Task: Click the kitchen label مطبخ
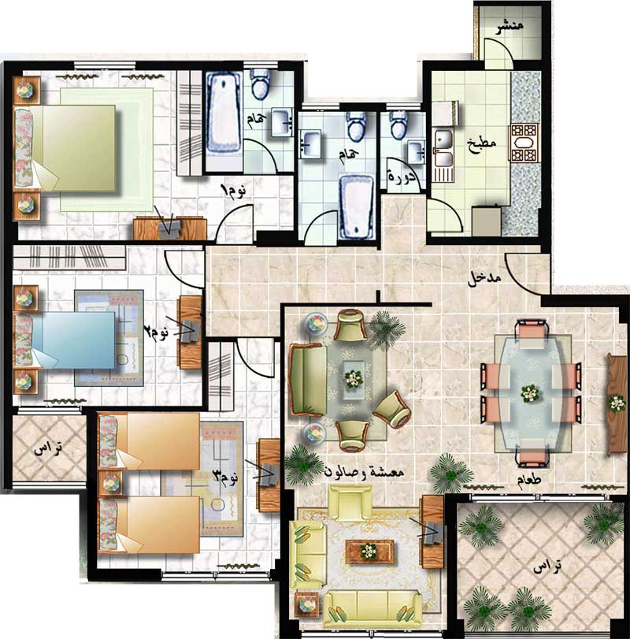click(482, 144)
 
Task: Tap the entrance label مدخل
click(484, 280)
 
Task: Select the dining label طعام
click(529, 479)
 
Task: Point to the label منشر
click(510, 27)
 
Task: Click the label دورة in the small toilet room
click(402, 176)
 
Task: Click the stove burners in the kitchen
click(524, 143)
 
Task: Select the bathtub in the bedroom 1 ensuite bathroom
click(223, 113)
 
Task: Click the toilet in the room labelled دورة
click(398, 124)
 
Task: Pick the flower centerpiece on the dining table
click(530, 393)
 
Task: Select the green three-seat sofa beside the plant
click(308, 380)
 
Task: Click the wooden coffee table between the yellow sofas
click(370, 552)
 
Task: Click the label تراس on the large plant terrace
click(547, 567)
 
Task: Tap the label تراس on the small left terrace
click(48, 448)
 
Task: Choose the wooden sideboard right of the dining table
click(617, 403)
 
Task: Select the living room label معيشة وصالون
click(364, 472)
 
